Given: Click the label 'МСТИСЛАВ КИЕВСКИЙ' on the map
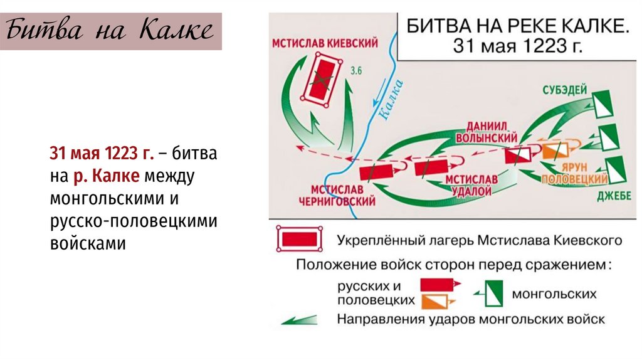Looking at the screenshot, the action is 325,43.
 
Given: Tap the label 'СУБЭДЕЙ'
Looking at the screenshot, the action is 565,90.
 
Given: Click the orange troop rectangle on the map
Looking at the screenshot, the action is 560,150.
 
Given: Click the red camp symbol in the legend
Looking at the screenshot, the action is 300,240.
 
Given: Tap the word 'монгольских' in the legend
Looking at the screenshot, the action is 554,293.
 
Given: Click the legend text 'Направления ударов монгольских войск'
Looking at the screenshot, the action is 471,319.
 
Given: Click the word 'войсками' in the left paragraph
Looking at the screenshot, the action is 88,243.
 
